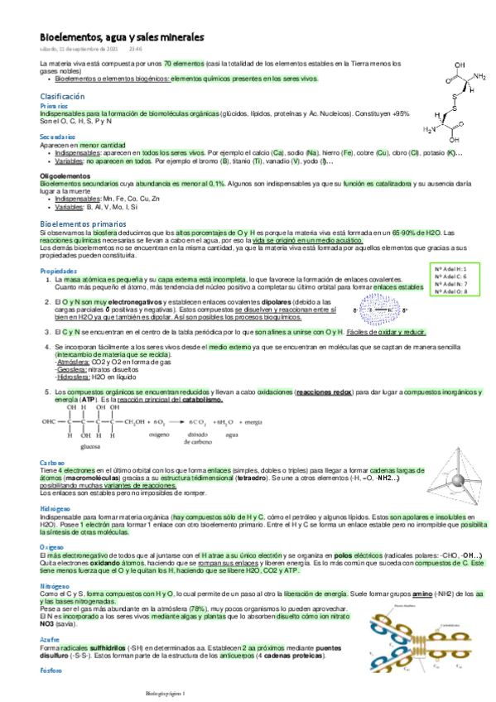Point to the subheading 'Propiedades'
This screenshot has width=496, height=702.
click(58, 272)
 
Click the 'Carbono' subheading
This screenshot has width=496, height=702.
click(52, 461)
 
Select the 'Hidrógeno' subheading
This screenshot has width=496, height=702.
click(55, 507)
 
